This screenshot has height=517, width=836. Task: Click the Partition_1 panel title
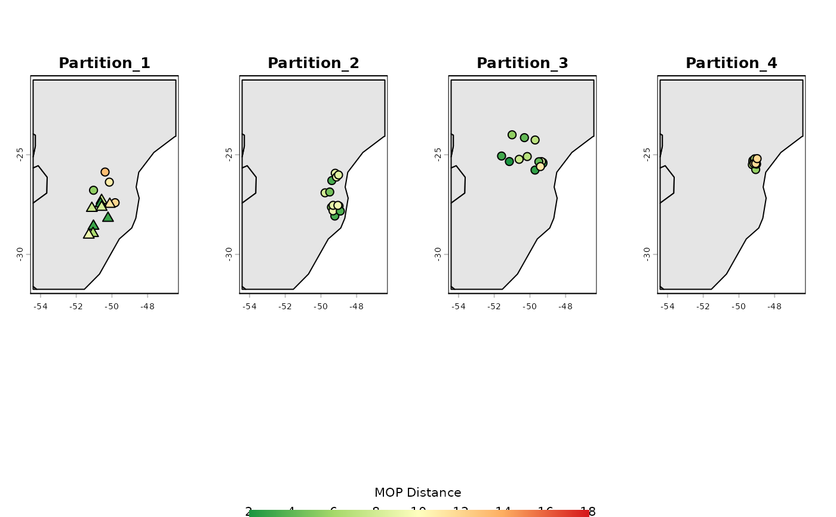(105, 63)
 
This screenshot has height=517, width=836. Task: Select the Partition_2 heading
(314, 63)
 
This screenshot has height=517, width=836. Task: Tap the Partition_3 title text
(522, 63)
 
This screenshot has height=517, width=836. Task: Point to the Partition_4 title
(732, 63)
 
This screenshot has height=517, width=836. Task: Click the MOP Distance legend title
(418, 493)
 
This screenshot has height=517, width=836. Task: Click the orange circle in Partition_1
(105, 172)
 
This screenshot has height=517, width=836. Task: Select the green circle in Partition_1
(94, 190)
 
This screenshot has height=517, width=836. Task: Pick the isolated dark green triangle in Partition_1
(108, 217)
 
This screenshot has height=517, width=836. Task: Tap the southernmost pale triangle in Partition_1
(88, 234)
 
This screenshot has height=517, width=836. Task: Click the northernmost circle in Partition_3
(512, 135)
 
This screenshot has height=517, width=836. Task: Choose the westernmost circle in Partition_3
(502, 156)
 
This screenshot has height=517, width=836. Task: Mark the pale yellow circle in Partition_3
(540, 167)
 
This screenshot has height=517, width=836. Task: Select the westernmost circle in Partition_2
(325, 193)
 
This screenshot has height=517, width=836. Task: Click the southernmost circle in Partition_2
(335, 216)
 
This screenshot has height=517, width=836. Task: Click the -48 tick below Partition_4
(774, 307)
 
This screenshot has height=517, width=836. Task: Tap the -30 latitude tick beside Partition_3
(439, 254)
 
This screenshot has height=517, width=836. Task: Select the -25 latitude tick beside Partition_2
(230, 155)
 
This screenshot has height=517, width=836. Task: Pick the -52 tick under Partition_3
(494, 307)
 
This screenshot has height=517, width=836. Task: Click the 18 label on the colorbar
(588, 511)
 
